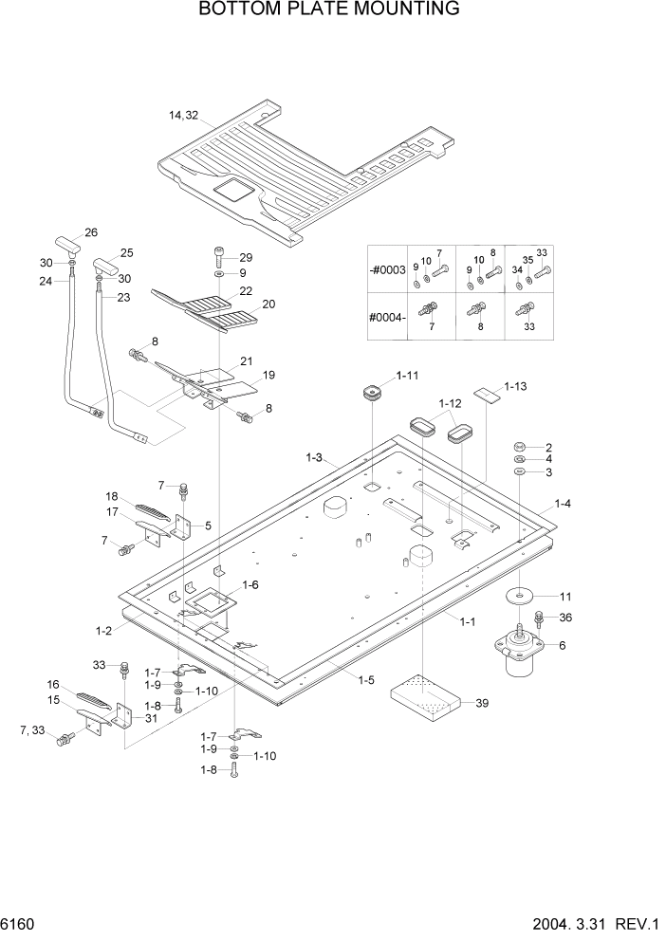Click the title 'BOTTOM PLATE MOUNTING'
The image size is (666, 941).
click(330, 10)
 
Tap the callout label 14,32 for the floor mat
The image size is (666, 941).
click(183, 116)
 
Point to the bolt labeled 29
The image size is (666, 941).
click(219, 256)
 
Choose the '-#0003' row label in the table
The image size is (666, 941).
click(387, 270)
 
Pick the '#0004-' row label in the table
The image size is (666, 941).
click(387, 316)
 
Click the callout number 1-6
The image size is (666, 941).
click(251, 586)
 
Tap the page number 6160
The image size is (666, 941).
click(19, 923)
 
